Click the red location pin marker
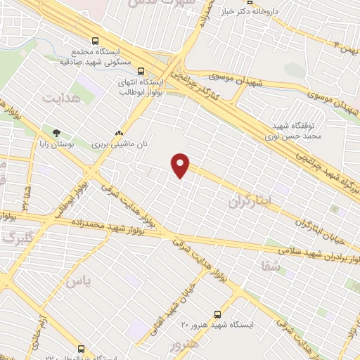pos(181,165)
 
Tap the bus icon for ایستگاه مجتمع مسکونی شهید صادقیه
pos(96,41)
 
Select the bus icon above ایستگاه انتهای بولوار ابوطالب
pos(141,71)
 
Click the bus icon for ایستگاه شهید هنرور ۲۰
pos(217,314)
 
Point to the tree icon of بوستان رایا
pos(56,131)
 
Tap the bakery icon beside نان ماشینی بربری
pos(119,131)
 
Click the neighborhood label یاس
pos(77,281)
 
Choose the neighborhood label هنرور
pos(184,345)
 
